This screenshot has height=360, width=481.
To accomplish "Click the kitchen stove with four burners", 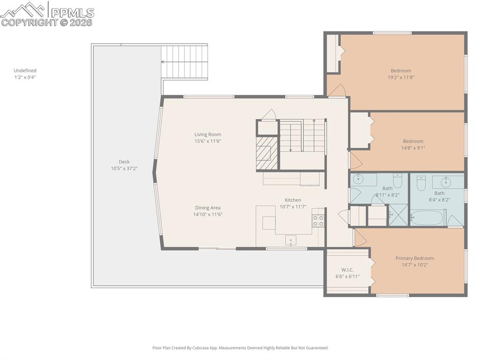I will click(x=318, y=221).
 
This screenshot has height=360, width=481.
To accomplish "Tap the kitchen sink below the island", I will click(x=290, y=240).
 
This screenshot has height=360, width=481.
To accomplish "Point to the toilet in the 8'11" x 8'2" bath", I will click(x=397, y=180).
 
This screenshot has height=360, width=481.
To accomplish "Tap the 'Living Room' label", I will click(x=208, y=134).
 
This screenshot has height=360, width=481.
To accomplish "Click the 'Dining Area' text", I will click(x=208, y=207).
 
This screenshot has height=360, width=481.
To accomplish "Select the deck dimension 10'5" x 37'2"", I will click(x=124, y=169).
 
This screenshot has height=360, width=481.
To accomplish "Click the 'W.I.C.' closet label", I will click(x=348, y=269).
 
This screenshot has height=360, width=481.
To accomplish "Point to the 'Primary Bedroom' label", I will click(x=414, y=258).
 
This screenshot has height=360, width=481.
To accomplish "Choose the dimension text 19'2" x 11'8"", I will click(x=401, y=77).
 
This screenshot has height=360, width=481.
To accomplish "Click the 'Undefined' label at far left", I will click(x=25, y=70).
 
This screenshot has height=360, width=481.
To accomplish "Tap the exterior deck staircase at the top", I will click(x=185, y=61).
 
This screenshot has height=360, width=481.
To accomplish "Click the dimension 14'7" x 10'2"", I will click(x=414, y=265).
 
